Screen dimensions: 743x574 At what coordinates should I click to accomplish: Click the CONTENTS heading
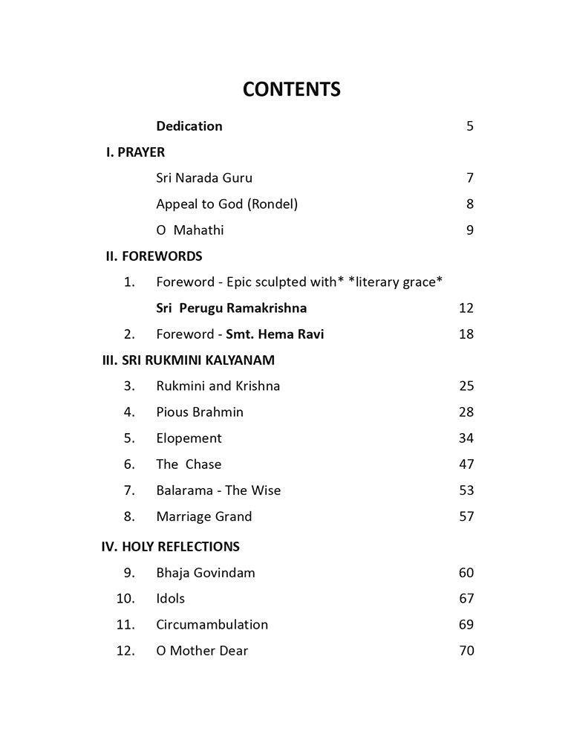pyautogui.click(x=292, y=89)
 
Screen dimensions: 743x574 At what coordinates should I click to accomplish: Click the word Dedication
pyautogui.click(x=189, y=126)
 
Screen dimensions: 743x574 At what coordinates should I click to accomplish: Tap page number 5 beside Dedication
pyautogui.click(x=469, y=126)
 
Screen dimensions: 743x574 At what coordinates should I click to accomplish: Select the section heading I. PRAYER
pyautogui.click(x=135, y=152)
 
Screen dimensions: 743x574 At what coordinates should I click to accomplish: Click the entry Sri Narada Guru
pyautogui.click(x=204, y=178)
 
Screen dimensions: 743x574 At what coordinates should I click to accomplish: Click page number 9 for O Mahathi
pyautogui.click(x=469, y=230)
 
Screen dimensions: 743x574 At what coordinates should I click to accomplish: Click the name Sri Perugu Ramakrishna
pyautogui.click(x=232, y=308)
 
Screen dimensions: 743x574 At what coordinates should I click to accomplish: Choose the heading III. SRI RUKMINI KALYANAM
pyautogui.click(x=188, y=360)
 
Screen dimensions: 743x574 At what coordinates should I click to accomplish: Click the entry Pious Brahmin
pyautogui.click(x=200, y=412)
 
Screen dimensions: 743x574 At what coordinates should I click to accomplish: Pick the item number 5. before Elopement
pyautogui.click(x=130, y=438)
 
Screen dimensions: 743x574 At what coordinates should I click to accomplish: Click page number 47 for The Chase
pyautogui.click(x=466, y=464)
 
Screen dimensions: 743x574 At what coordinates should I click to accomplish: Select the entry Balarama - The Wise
pyautogui.click(x=218, y=490)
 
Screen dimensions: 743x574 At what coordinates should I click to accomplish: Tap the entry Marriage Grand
pyautogui.click(x=204, y=516)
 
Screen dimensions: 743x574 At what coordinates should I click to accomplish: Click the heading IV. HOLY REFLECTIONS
pyautogui.click(x=170, y=547)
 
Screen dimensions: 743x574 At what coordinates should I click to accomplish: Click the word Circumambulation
pyautogui.click(x=212, y=625)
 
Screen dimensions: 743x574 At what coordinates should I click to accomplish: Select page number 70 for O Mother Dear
pyautogui.click(x=466, y=651)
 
